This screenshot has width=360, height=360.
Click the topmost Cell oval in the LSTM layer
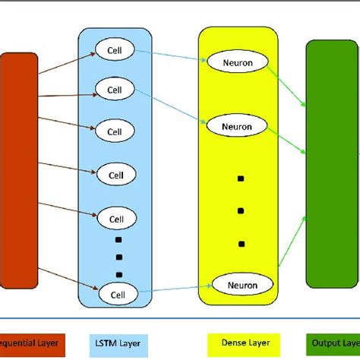[x=115, y=51]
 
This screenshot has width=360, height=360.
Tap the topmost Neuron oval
[x=240, y=61]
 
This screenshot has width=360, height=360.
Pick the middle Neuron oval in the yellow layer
[x=240, y=123]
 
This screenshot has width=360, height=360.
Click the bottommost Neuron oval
[x=240, y=286]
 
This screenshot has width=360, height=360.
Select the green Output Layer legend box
[x=335, y=343]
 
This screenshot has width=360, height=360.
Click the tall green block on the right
[x=331, y=163]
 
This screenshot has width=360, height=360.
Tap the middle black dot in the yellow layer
[x=240, y=210]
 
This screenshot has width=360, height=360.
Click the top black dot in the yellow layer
[x=240, y=178]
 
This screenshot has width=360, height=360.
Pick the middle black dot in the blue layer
[x=119, y=257]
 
